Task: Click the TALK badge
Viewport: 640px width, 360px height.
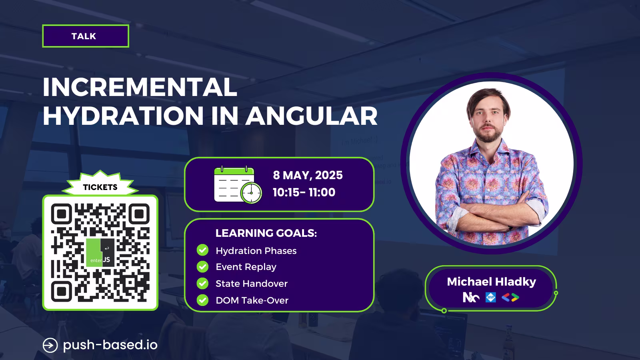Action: click(86, 36)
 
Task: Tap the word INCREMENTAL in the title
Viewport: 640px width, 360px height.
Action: click(140, 87)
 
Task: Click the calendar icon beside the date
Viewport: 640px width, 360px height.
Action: click(238, 184)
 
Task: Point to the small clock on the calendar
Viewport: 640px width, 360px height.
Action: click(251, 193)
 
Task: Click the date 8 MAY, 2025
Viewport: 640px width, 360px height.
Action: click(308, 175)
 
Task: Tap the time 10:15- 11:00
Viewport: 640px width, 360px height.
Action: click(304, 192)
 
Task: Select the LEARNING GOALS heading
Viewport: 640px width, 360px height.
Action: click(266, 233)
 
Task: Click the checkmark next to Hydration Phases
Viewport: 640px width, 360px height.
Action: click(202, 250)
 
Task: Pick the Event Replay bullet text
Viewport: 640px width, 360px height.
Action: click(246, 267)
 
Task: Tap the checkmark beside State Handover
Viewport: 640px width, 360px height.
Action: click(202, 284)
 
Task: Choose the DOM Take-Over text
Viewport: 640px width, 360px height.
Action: click(252, 300)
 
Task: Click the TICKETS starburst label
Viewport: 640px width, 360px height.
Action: click(100, 185)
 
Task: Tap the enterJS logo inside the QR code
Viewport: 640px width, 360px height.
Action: click(100, 252)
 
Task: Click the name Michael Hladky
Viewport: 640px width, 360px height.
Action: click(492, 282)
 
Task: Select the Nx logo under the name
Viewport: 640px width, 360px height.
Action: click(471, 298)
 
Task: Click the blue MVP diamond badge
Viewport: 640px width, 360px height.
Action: click(490, 298)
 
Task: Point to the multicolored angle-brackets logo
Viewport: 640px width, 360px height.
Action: click(510, 298)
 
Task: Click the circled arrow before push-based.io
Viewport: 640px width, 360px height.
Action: click(50, 345)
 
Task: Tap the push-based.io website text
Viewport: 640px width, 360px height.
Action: click(110, 345)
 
